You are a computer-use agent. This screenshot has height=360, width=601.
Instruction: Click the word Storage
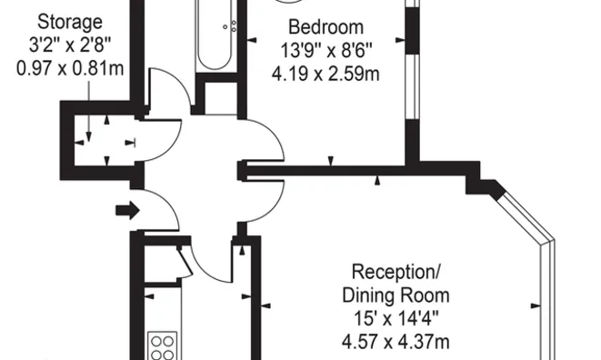pos(70,23)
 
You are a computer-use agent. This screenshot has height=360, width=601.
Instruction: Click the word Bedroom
pos(326,27)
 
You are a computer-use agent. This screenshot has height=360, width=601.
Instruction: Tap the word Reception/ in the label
pos(396,272)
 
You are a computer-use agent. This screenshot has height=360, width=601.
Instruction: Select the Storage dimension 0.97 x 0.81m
pos(70,69)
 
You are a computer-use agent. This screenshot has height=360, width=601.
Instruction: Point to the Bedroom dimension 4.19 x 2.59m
pos(326,74)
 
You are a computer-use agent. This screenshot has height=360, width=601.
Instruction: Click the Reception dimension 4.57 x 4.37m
pos(396,342)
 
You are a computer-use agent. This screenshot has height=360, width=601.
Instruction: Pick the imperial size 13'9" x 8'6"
pos(326,50)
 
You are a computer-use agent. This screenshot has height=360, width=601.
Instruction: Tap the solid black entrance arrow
pos(127,210)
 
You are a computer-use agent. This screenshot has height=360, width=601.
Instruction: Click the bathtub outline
pos(215,35)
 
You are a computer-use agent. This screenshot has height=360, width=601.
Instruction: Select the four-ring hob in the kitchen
pos(163,345)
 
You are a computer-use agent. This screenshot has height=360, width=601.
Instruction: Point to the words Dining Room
pos(396,295)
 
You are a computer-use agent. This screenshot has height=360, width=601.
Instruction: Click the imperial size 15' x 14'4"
pos(396,318)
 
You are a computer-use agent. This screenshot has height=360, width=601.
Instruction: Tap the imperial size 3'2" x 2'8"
pos(70,46)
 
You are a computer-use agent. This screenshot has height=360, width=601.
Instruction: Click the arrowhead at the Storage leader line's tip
pos(89,137)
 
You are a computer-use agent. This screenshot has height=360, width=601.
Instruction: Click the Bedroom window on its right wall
pos(413,86)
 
